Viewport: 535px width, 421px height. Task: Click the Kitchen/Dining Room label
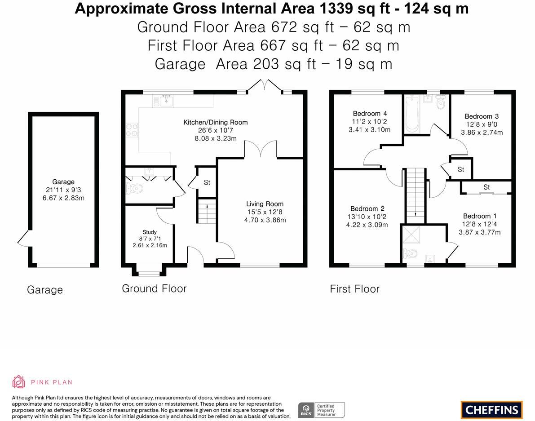215,122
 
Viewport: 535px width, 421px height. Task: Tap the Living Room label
265,204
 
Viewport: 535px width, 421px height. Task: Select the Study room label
150,232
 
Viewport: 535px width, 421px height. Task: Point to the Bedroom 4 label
370,113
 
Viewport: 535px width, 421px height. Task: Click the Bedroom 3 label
482,116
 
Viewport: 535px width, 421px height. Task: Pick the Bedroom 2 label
367,208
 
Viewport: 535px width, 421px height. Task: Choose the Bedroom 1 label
479,216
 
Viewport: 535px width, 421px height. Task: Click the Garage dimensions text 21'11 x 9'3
63,190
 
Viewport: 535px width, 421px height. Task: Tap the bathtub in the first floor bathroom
412,114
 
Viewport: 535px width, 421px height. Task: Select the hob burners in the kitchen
132,130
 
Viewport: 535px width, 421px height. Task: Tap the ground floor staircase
207,211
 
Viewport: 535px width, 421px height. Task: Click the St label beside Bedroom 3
461,169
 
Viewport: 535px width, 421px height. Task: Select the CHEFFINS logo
492,410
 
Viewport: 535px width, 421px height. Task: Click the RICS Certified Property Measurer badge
322,410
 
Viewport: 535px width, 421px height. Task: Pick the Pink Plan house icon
18,382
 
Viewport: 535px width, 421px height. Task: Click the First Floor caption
354,289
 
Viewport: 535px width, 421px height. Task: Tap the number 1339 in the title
336,9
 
